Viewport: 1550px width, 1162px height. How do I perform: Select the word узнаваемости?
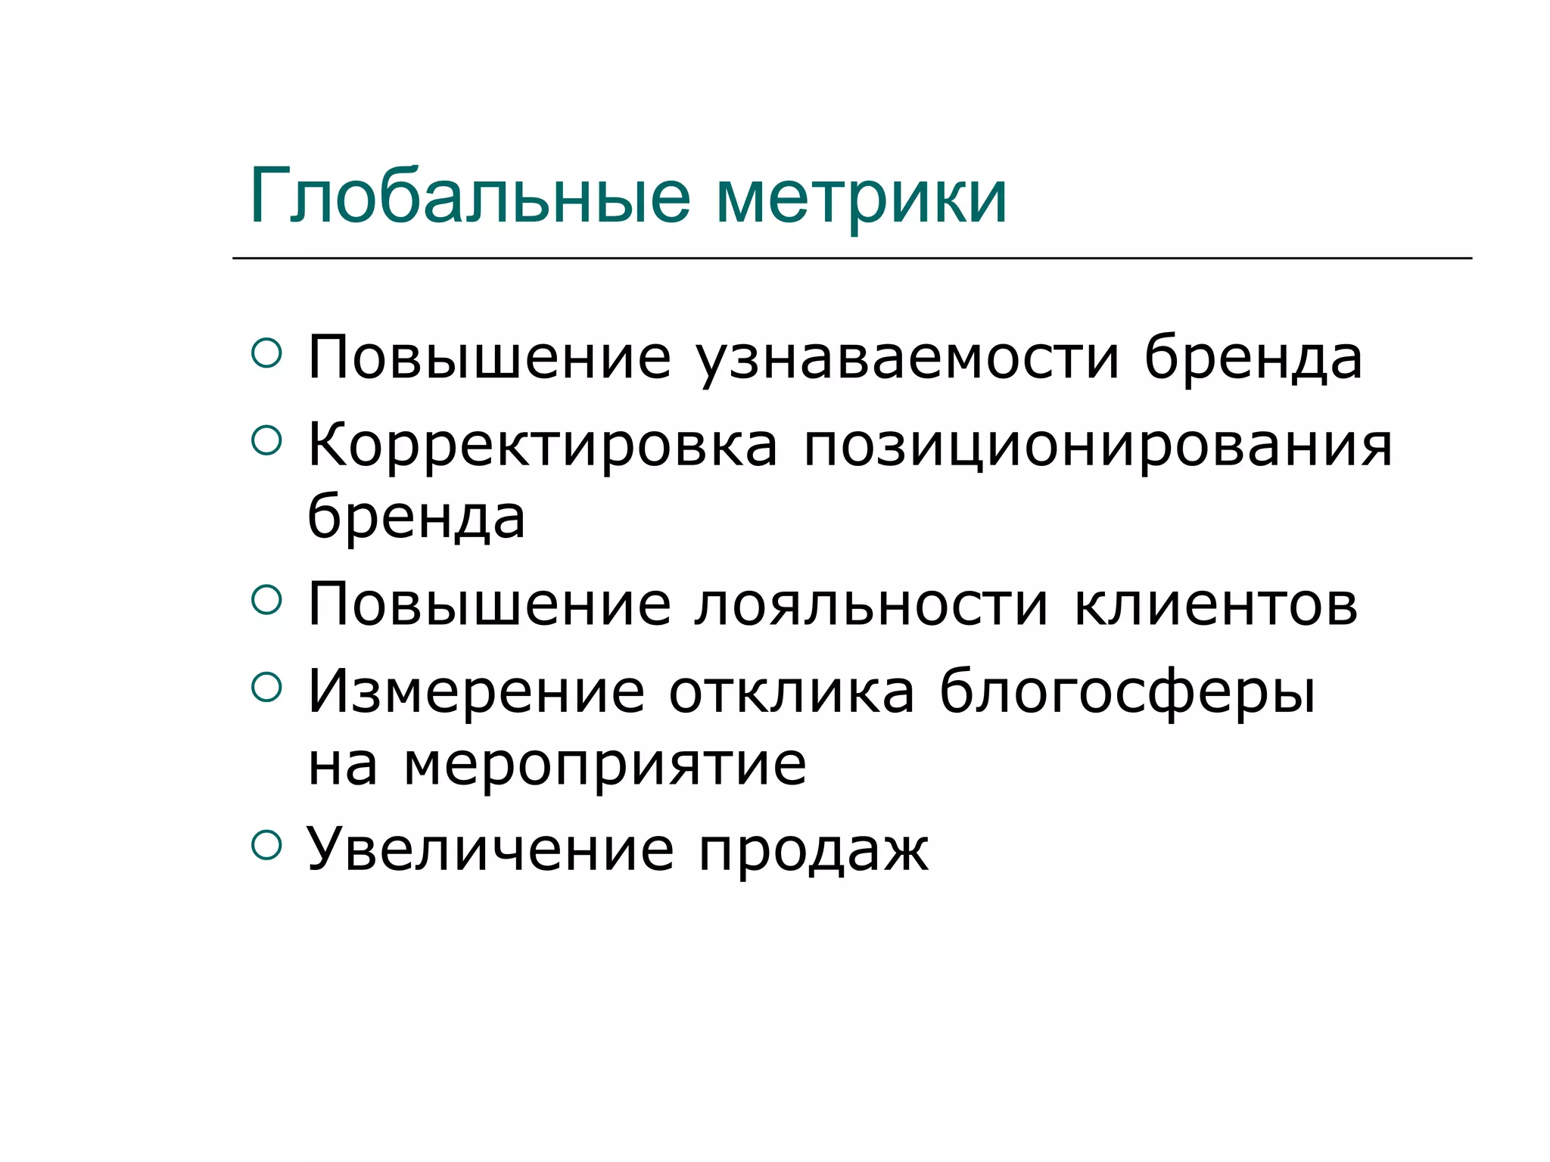coord(907,359)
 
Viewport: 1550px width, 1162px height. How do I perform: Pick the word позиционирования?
coord(1097,446)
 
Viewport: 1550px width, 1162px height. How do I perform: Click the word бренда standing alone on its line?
coord(416,517)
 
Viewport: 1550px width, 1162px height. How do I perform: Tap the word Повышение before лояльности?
coord(489,605)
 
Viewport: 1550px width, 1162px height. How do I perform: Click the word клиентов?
coord(1215,605)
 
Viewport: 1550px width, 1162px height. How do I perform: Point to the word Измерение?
coord(476,691)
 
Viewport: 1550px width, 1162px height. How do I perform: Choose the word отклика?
coord(791,691)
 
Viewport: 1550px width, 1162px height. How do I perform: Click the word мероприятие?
coord(605,766)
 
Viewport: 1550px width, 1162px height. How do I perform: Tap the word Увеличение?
coord(490,850)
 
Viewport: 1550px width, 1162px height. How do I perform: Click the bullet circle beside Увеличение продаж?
coord(266,845)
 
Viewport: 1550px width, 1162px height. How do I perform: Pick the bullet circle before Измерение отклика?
coord(266,686)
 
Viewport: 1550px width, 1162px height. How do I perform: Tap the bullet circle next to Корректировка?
coord(266,440)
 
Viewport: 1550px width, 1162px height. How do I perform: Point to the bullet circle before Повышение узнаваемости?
coord(266,353)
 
